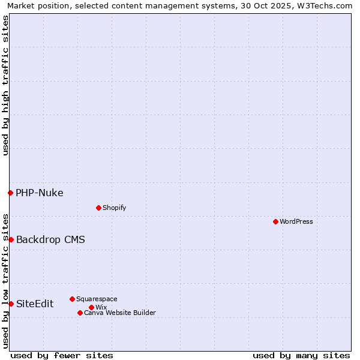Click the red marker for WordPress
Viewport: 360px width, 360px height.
pyautogui.click(x=275, y=221)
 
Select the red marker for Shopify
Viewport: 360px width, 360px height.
pyautogui.click(x=98, y=208)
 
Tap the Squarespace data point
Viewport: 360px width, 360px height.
pyautogui.click(x=72, y=299)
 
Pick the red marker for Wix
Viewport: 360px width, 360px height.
pyautogui.click(x=91, y=307)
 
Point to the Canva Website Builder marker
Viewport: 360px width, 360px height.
pyautogui.click(x=80, y=313)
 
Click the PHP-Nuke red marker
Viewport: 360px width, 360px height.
pyautogui.click(x=10, y=193)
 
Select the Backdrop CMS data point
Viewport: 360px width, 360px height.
pyautogui.click(x=11, y=239)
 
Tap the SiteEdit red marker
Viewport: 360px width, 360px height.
pyautogui.click(x=11, y=304)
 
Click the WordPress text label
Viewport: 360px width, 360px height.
pyautogui.click(x=296, y=221)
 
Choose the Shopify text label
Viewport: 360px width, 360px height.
pyautogui.click(x=114, y=208)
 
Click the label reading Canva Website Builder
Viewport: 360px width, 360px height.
pyautogui.click(x=120, y=313)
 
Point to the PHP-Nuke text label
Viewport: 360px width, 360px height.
pyautogui.click(x=40, y=193)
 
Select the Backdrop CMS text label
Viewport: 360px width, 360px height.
pyautogui.click(x=50, y=239)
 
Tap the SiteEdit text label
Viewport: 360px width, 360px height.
pyautogui.click(x=35, y=304)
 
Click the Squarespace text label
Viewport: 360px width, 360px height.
pyautogui.click(x=97, y=299)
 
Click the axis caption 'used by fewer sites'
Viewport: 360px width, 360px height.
pyautogui.click(x=62, y=355)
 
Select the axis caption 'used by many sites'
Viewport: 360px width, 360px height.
pyautogui.click(x=301, y=355)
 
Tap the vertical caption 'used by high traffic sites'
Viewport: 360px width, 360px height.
pyautogui.click(x=5, y=85)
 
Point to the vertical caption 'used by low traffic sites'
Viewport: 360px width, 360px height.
pyautogui.click(x=5, y=281)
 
